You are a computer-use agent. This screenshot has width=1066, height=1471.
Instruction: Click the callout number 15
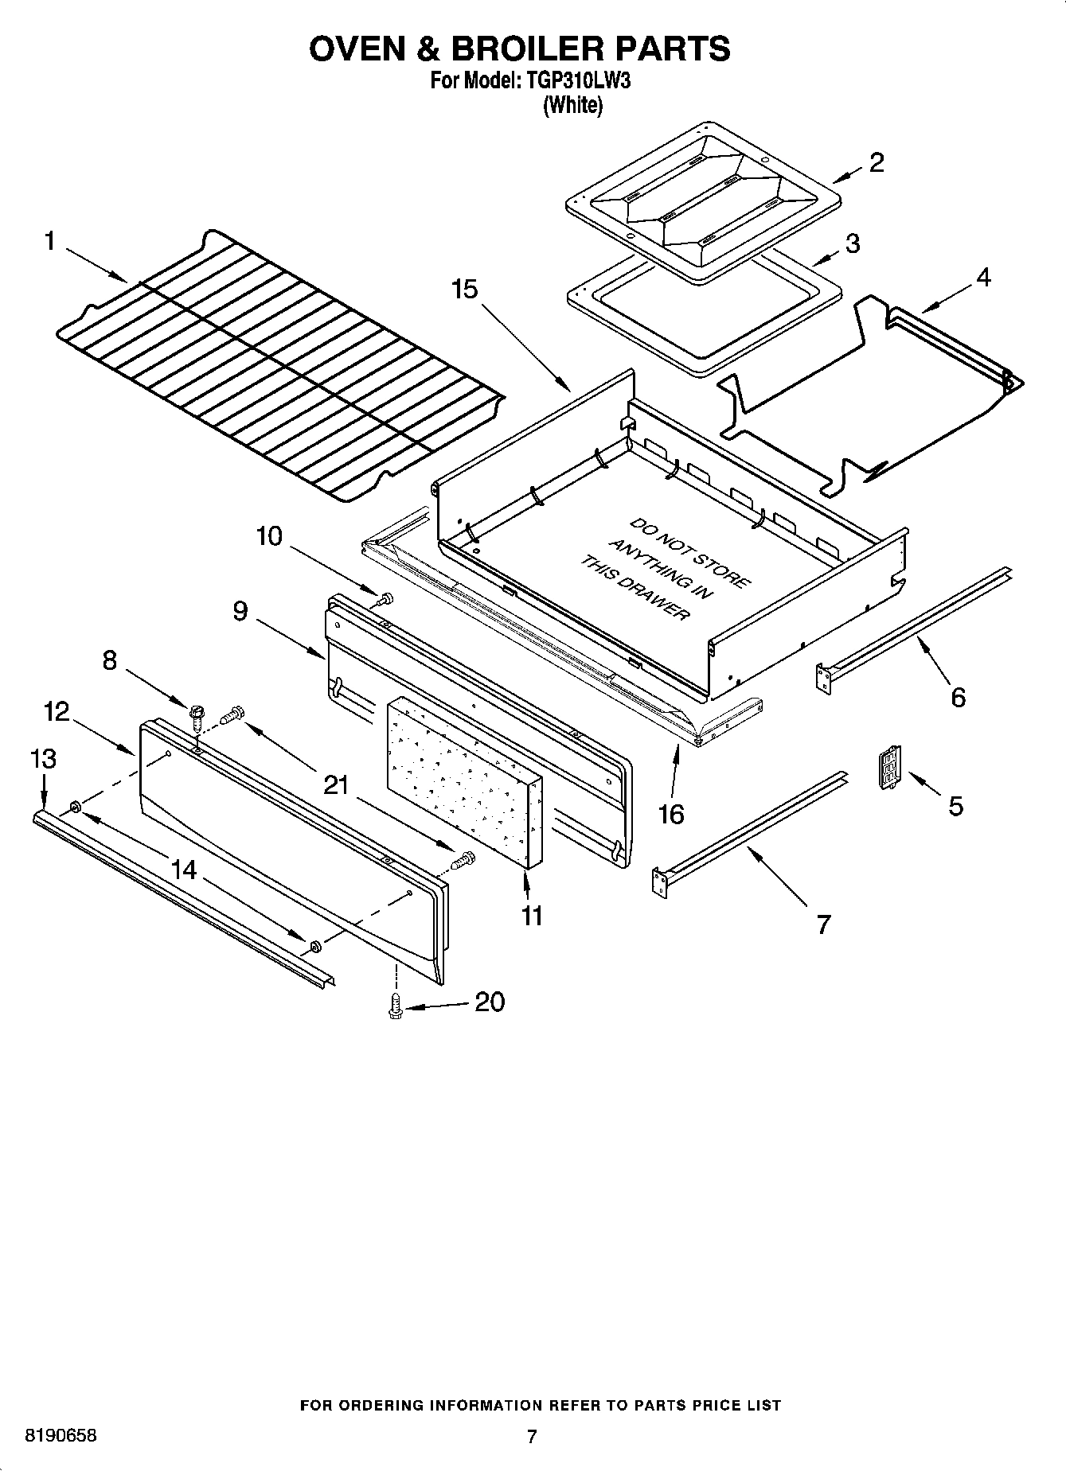(465, 289)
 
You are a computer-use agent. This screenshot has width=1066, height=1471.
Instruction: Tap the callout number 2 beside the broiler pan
(877, 162)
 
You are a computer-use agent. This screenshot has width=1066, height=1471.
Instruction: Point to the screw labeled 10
(387, 597)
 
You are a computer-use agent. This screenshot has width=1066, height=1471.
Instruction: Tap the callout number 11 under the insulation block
(532, 916)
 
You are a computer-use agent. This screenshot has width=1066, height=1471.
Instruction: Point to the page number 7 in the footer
(532, 1437)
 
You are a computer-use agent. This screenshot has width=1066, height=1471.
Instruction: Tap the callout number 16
(672, 814)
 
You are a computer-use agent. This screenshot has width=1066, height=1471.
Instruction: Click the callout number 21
(336, 785)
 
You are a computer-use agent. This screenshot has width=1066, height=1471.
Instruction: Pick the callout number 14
(184, 870)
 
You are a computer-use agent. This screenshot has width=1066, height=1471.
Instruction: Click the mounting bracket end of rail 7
(658, 882)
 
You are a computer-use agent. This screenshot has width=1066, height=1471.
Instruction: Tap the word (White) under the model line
(572, 105)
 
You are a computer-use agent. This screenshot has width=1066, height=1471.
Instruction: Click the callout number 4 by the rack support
(983, 278)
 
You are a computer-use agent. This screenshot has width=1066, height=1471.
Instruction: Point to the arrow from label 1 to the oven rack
(96, 264)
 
